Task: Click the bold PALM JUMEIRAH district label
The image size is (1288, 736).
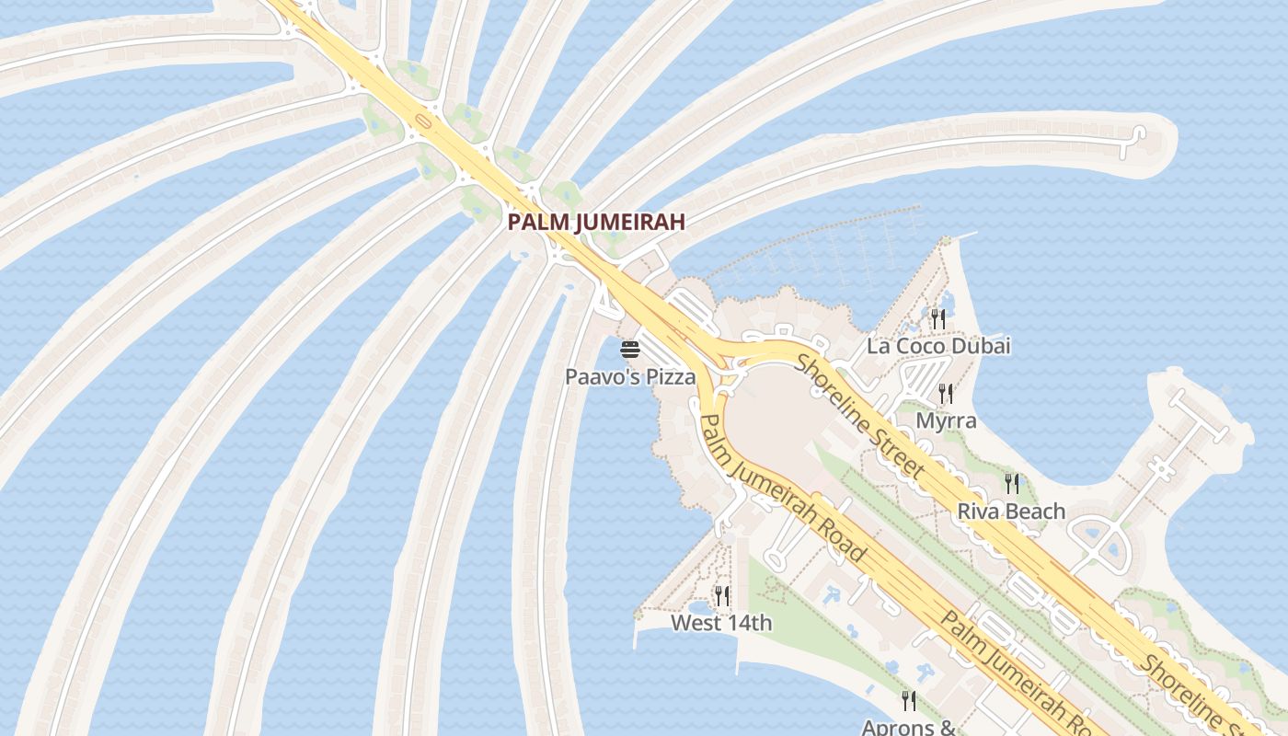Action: (x=596, y=222)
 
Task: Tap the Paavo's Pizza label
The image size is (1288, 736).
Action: (x=630, y=376)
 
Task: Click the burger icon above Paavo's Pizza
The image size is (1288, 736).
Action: (x=630, y=350)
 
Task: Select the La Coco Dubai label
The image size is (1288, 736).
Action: (x=938, y=346)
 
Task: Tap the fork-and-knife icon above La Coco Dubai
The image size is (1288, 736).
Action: (x=938, y=319)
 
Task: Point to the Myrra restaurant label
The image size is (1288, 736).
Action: (x=946, y=420)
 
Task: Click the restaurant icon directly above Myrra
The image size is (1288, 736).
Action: (x=946, y=394)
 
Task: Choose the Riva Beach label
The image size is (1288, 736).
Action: (x=1011, y=511)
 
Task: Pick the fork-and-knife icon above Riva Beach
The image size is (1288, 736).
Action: (x=1012, y=483)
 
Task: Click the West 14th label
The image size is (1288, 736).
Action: (x=721, y=623)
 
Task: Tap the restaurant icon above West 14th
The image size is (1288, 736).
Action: (x=722, y=596)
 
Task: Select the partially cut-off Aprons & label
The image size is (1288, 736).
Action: (x=909, y=727)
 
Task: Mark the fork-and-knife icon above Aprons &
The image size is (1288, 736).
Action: (x=909, y=701)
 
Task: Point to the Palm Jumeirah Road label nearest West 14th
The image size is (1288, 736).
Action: (x=783, y=488)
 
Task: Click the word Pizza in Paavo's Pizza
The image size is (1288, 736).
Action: (x=669, y=376)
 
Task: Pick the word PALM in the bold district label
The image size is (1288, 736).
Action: (x=533, y=222)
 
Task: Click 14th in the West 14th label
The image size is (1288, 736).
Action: (x=749, y=623)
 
